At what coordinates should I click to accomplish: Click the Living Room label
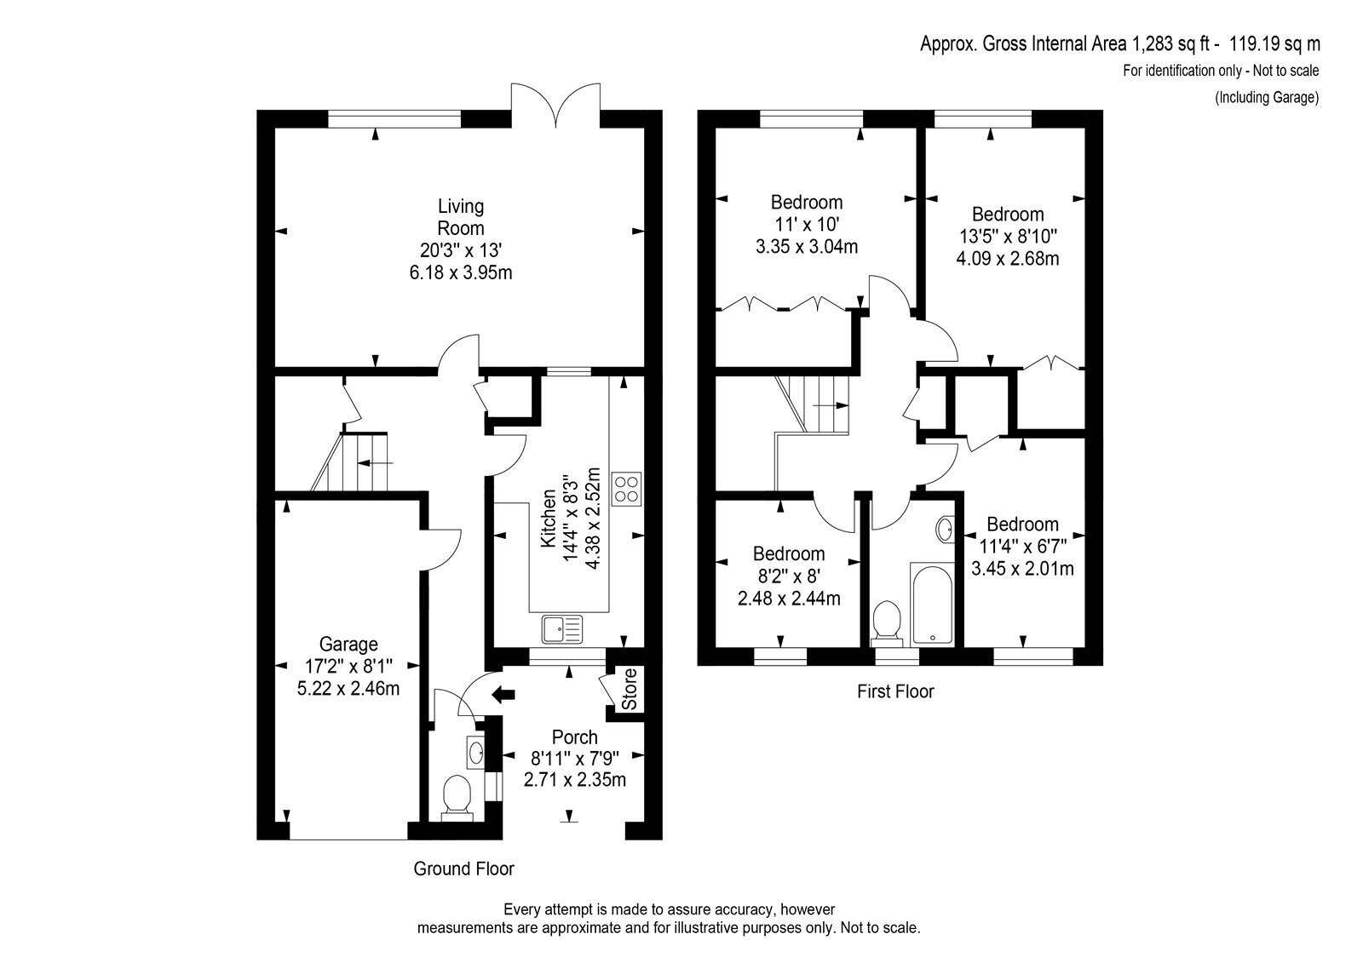pos(461,217)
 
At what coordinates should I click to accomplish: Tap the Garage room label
pos(348,644)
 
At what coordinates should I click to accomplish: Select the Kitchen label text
pos(549,518)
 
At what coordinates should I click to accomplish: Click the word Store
pos(630,689)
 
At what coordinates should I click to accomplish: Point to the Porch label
pos(574,737)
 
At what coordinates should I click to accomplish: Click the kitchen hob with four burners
pos(627,489)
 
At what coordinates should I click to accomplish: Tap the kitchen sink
pos(562,628)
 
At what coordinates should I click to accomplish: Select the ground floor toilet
pos(457,798)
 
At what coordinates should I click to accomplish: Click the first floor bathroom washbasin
pos(945,530)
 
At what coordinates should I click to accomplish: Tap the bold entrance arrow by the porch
pos(503,694)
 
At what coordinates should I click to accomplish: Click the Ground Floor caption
pos(463,868)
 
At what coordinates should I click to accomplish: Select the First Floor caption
pos(895,691)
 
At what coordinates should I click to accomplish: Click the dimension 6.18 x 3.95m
pos(461,272)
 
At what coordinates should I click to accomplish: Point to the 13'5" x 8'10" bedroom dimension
pos(1008,236)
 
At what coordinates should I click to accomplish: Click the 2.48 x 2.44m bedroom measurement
pos(789,598)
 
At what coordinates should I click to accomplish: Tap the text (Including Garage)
pos(1267,97)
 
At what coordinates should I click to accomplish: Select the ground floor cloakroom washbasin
pos(475,753)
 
